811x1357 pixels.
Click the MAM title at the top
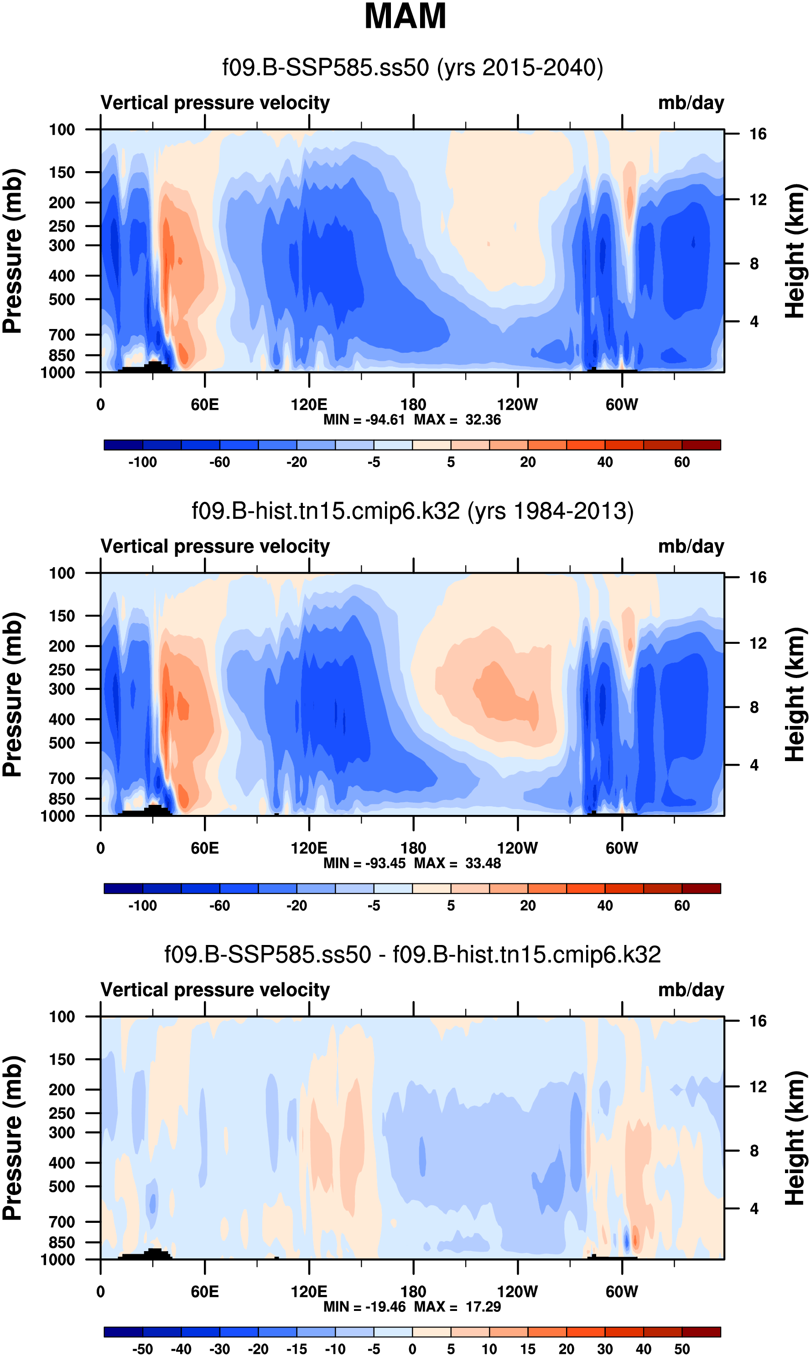coord(405,16)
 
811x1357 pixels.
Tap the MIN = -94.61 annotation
coord(364,420)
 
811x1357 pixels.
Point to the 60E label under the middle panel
coord(205,848)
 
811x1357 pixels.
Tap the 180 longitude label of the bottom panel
coord(413,1291)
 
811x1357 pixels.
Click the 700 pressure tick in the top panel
coord(62,334)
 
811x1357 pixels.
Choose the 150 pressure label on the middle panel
coord(62,616)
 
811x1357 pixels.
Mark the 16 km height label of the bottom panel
coord(758,1021)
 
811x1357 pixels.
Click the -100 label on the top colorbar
coord(143,462)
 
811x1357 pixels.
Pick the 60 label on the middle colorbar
coord(681,906)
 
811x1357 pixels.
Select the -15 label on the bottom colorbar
coord(297,1349)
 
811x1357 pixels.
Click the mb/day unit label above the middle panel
coord(691,547)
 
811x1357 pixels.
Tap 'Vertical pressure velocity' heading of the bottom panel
coord(215,990)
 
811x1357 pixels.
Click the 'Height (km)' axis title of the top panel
coord(795,251)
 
